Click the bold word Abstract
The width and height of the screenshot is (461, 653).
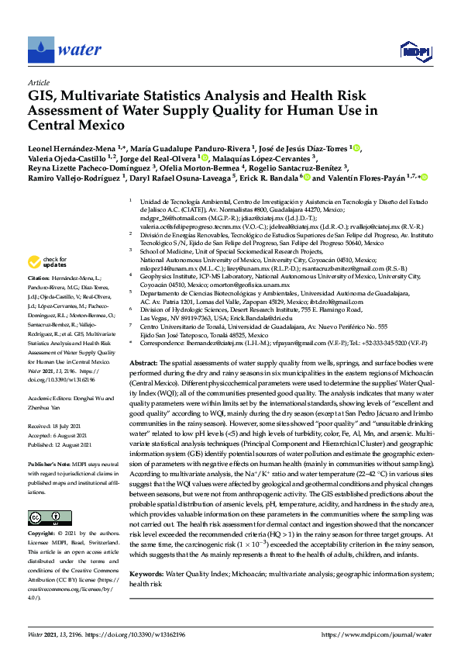(x=143, y=363)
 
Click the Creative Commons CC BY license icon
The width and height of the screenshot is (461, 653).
(x=40, y=496)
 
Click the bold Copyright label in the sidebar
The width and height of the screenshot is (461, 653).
(x=43, y=513)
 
